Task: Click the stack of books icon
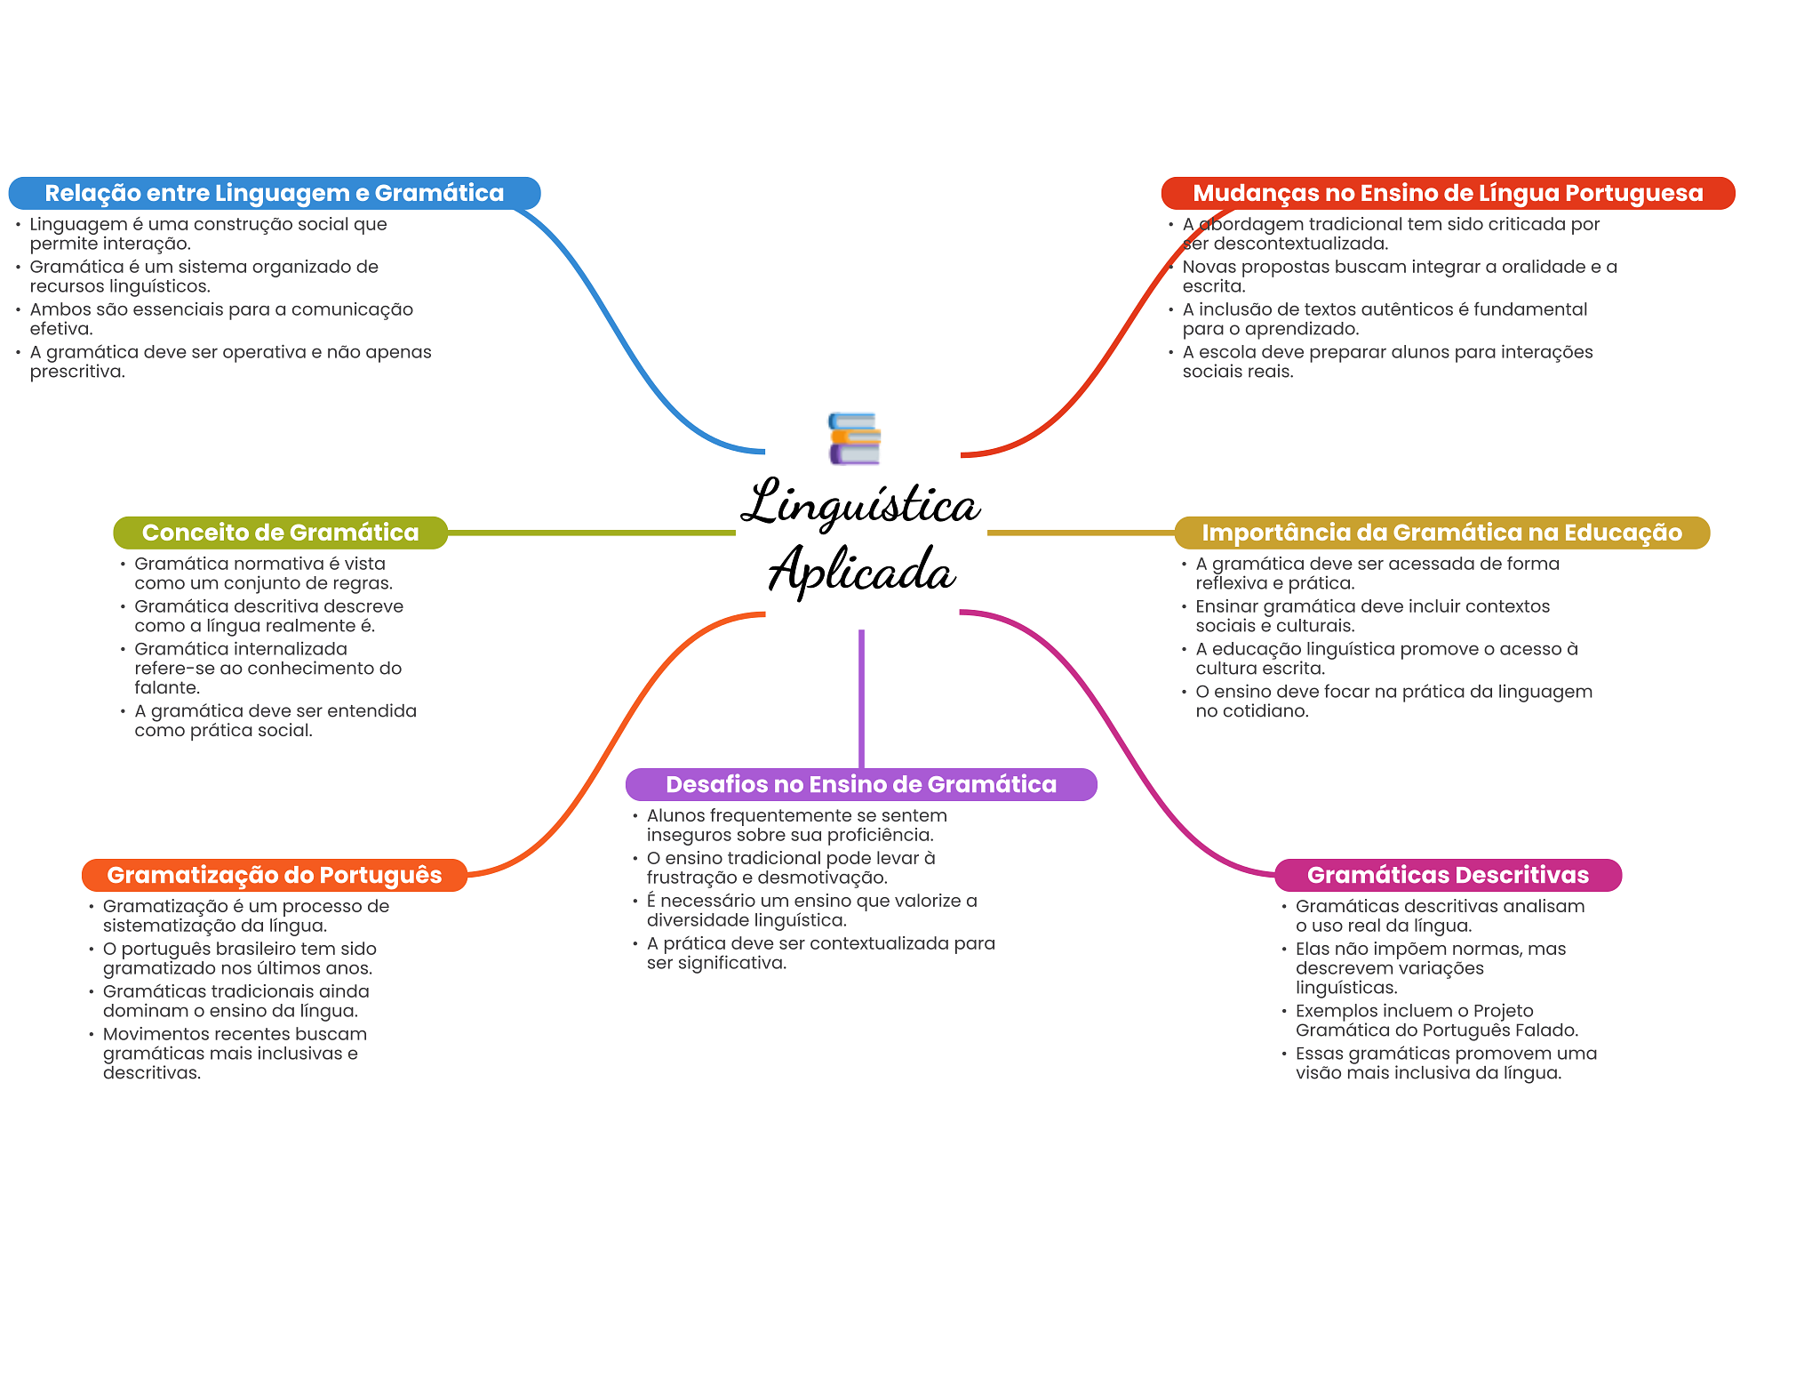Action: tap(854, 438)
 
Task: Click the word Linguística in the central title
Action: tap(859, 503)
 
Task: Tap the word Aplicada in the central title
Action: tap(861, 569)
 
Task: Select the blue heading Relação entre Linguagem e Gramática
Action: tap(274, 193)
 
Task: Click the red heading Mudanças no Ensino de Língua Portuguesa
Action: tap(1447, 193)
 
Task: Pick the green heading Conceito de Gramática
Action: tap(280, 533)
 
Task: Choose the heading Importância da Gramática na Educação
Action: tap(1441, 533)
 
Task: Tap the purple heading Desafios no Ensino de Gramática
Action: tap(860, 784)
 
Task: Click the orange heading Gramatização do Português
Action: tap(274, 875)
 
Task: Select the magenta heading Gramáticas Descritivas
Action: tap(1447, 875)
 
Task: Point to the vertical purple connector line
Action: tap(861, 698)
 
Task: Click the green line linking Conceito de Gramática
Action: tap(591, 533)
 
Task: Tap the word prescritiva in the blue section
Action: tap(76, 372)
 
